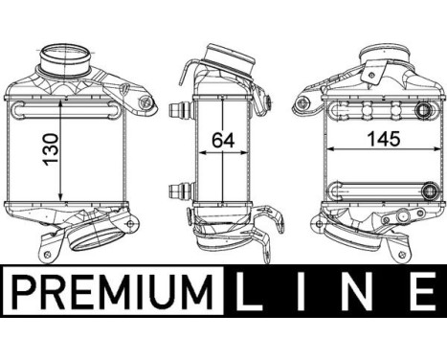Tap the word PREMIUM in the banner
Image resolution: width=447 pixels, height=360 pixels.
110,287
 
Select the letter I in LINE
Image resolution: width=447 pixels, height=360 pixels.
309,287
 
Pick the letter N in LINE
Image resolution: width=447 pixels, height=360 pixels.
363,287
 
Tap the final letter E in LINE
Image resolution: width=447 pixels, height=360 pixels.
418,287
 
